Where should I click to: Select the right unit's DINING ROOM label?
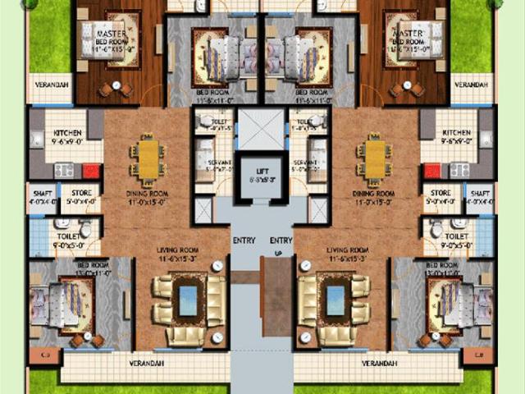(374, 194)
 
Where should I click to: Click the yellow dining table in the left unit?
(148, 158)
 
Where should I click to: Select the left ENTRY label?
(244, 240)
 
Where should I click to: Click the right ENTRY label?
(281, 240)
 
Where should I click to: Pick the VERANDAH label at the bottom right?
(378, 363)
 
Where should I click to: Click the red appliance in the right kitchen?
(431, 171)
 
